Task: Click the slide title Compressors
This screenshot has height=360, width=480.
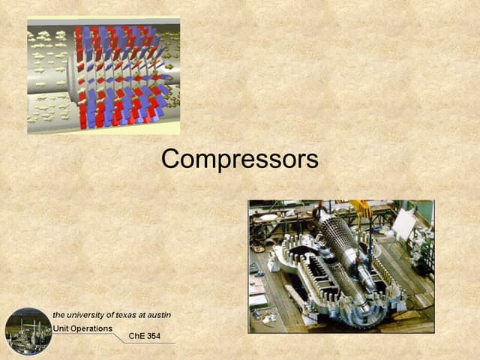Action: tap(239, 159)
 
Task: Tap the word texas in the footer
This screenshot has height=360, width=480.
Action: tap(133, 314)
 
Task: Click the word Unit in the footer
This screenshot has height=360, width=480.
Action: tap(61, 328)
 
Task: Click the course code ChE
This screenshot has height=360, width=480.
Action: tap(138, 337)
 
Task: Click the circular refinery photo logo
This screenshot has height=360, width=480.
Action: tap(28, 331)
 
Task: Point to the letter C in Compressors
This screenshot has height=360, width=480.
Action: tap(171, 159)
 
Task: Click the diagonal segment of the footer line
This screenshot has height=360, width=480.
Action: tap(120, 337)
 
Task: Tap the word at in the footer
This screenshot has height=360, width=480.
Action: tap(151, 314)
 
